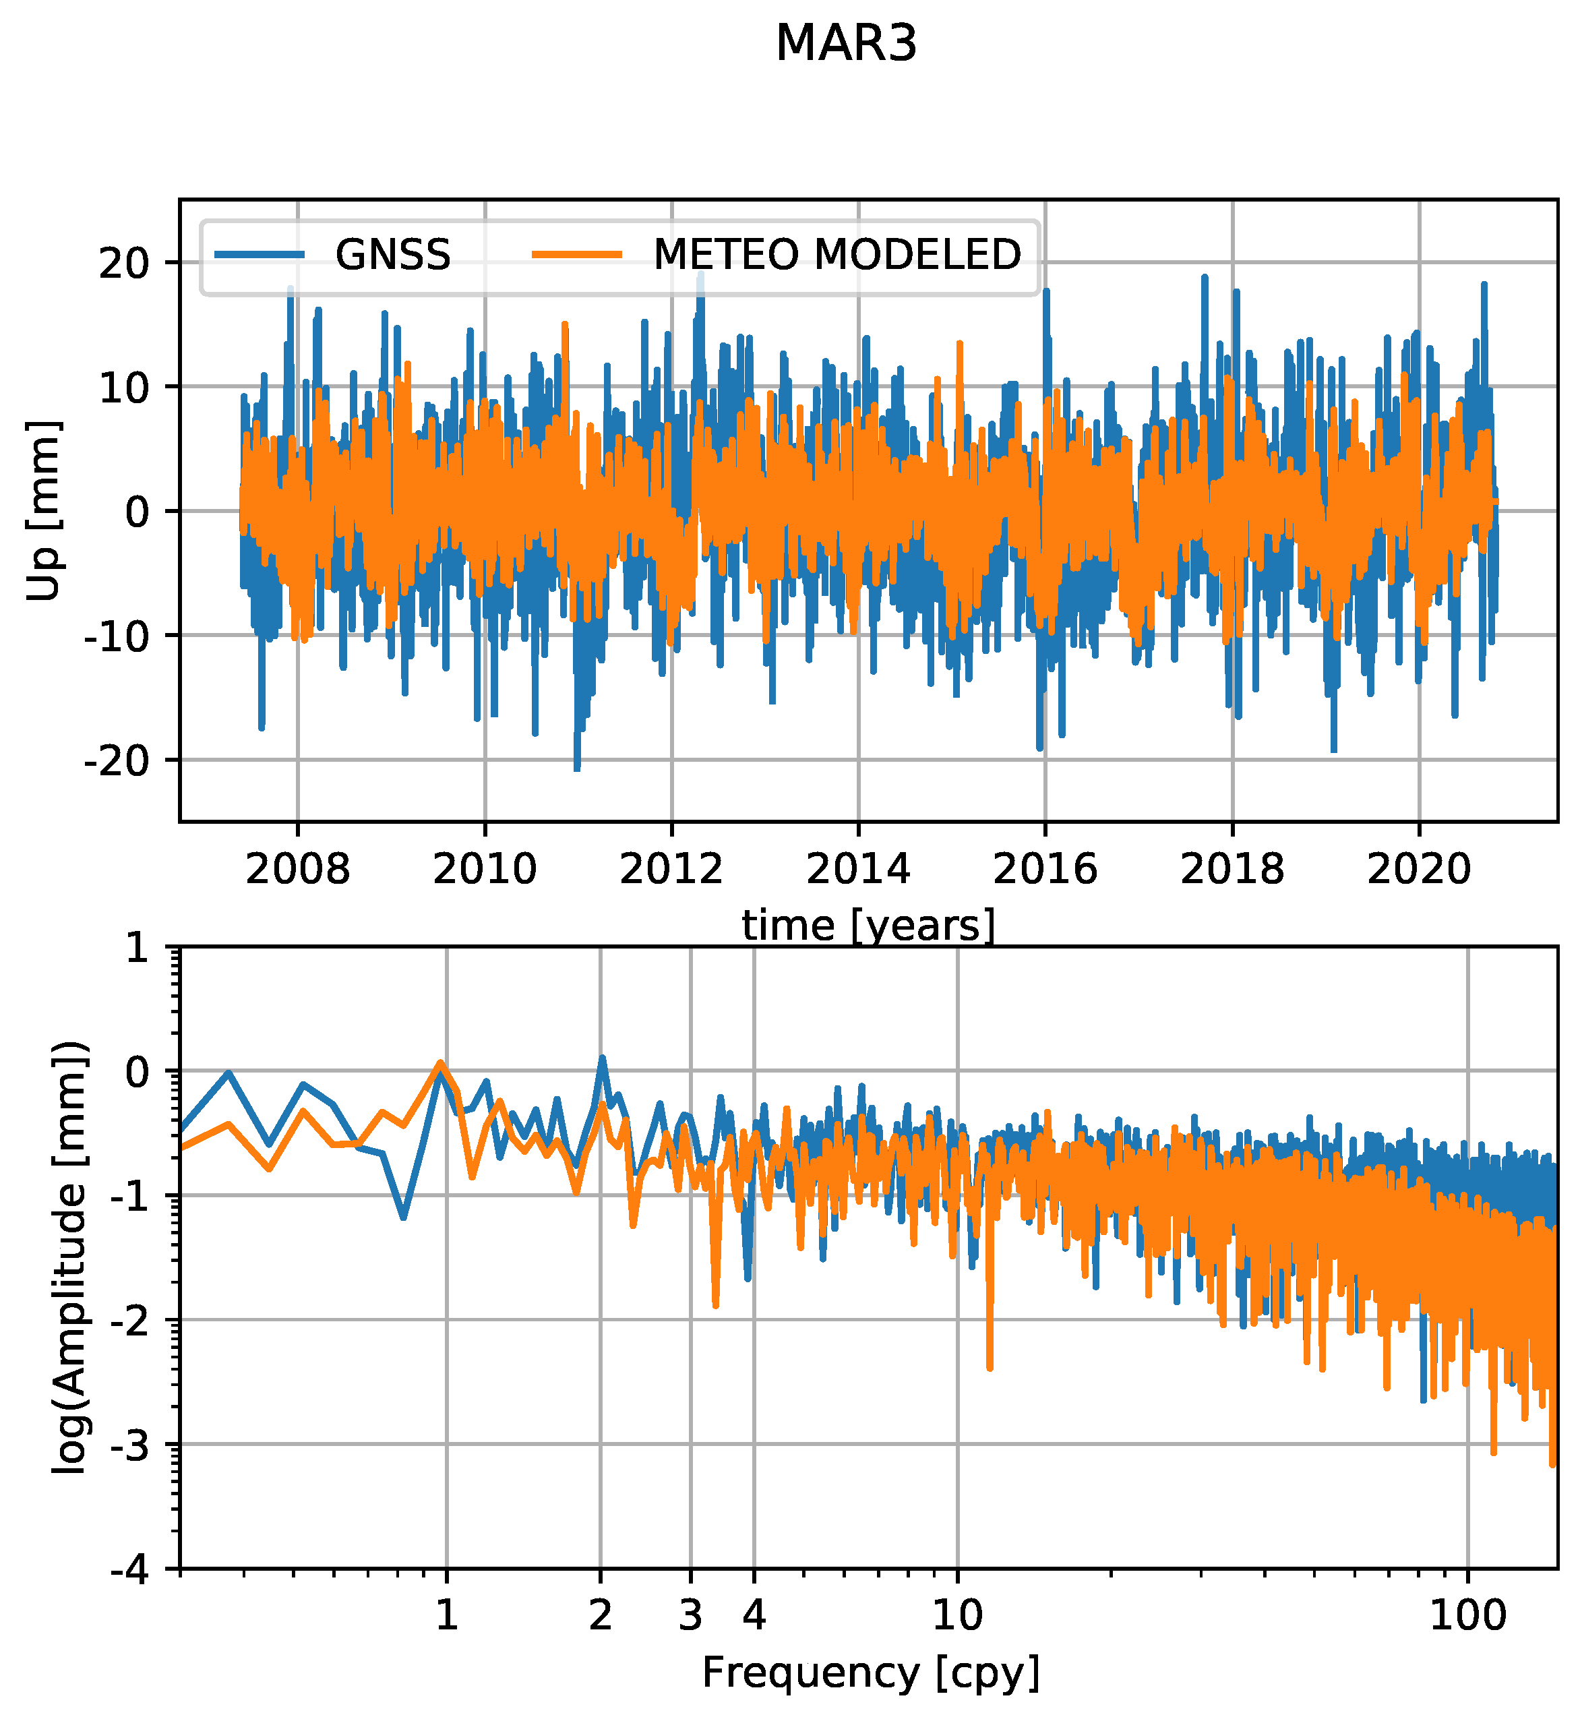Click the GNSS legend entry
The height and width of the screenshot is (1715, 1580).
[x=392, y=255]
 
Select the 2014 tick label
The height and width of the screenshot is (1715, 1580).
[x=858, y=870]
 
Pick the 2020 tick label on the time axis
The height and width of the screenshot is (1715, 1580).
[x=1420, y=870]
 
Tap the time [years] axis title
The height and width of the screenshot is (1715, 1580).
[x=868, y=926]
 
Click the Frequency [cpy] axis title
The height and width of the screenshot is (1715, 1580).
[x=870, y=1673]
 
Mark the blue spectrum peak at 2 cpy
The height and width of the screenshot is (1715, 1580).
[x=602, y=1058]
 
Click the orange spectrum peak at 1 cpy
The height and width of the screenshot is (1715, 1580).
[x=441, y=1062]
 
